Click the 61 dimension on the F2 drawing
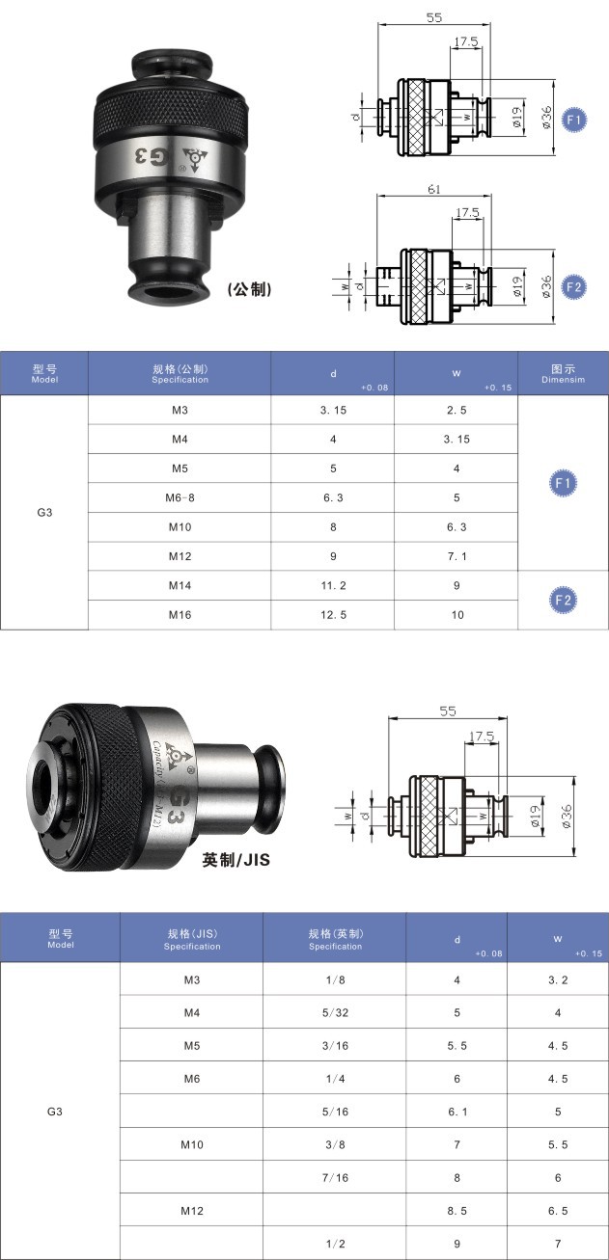(433, 190)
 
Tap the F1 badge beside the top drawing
(573, 120)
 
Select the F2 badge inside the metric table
(564, 600)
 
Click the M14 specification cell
(180, 585)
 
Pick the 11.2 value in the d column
(333, 585)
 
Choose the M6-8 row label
(180, 497)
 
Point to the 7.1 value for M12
(457, 556)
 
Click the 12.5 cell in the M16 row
(333, 615)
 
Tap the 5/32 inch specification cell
(335, 1013)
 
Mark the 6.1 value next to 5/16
(457, 1112)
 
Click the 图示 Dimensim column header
(563, 373)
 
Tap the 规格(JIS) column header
(191, 939)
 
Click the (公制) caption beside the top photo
(248, 289)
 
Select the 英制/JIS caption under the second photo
(235, 859)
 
